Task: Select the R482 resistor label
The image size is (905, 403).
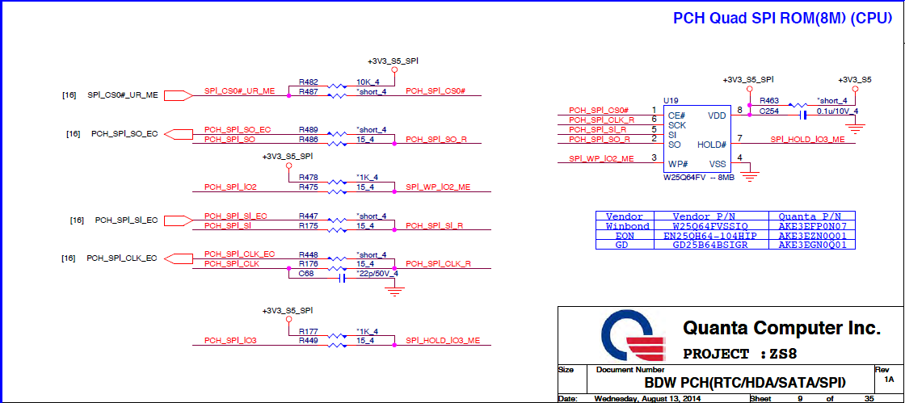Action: [x=308, y=82]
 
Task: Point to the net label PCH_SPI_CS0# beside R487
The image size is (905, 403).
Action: [x=435, y=91]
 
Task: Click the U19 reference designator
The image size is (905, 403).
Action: [x=671, y=101]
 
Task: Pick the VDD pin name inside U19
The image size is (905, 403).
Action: [x=717, y=115]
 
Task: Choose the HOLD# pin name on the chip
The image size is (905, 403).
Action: [x=712, y=145]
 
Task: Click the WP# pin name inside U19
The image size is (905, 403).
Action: [x=678, y=163]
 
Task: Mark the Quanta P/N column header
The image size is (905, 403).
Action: [x=810, y=216]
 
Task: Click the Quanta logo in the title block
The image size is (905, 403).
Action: [x=635, y=337]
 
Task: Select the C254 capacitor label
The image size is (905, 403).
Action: [x=768, y=111]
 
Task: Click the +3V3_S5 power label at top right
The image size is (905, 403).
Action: [x=855, y=80]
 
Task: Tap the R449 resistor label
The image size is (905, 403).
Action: [x=308, y=341]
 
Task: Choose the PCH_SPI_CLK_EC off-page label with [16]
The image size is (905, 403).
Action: [x=121, y=258]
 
